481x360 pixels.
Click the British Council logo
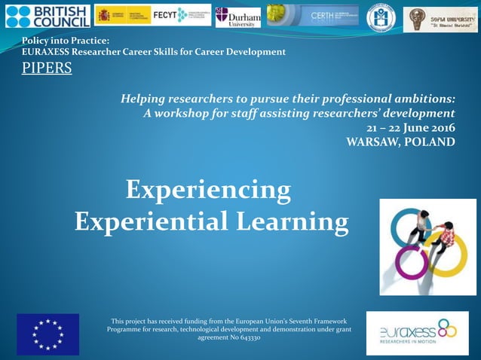[47, 16]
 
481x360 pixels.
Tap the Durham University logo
[237, 17]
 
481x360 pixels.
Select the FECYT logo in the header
[182, 15]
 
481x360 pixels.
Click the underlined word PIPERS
[47, 69]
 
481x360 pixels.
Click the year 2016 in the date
[440, 127]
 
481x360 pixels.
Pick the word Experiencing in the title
[208, 189]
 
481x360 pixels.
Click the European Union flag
[47, 334]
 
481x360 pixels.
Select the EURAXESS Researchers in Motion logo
[417, 333]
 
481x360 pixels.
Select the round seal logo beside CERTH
[381, 17]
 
